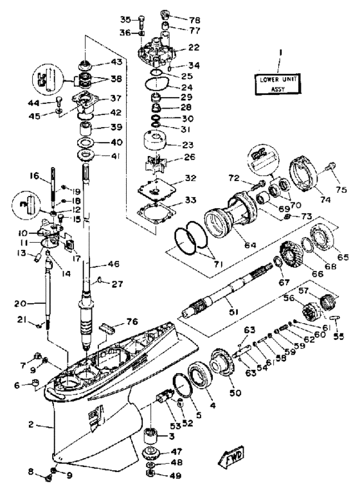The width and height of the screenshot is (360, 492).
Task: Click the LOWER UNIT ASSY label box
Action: (277, 83)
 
